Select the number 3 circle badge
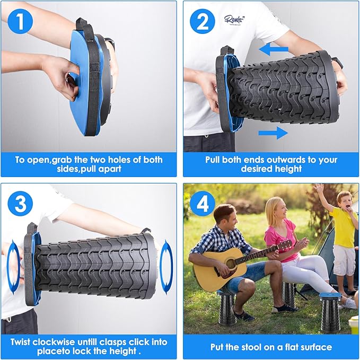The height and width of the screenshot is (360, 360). pyautogui.click(x=21, y=204)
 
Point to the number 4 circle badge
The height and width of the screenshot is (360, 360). pyautogui.click(x=203, y=204)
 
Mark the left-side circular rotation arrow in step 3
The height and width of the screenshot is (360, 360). pyautogui.click(x=13, y=265)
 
